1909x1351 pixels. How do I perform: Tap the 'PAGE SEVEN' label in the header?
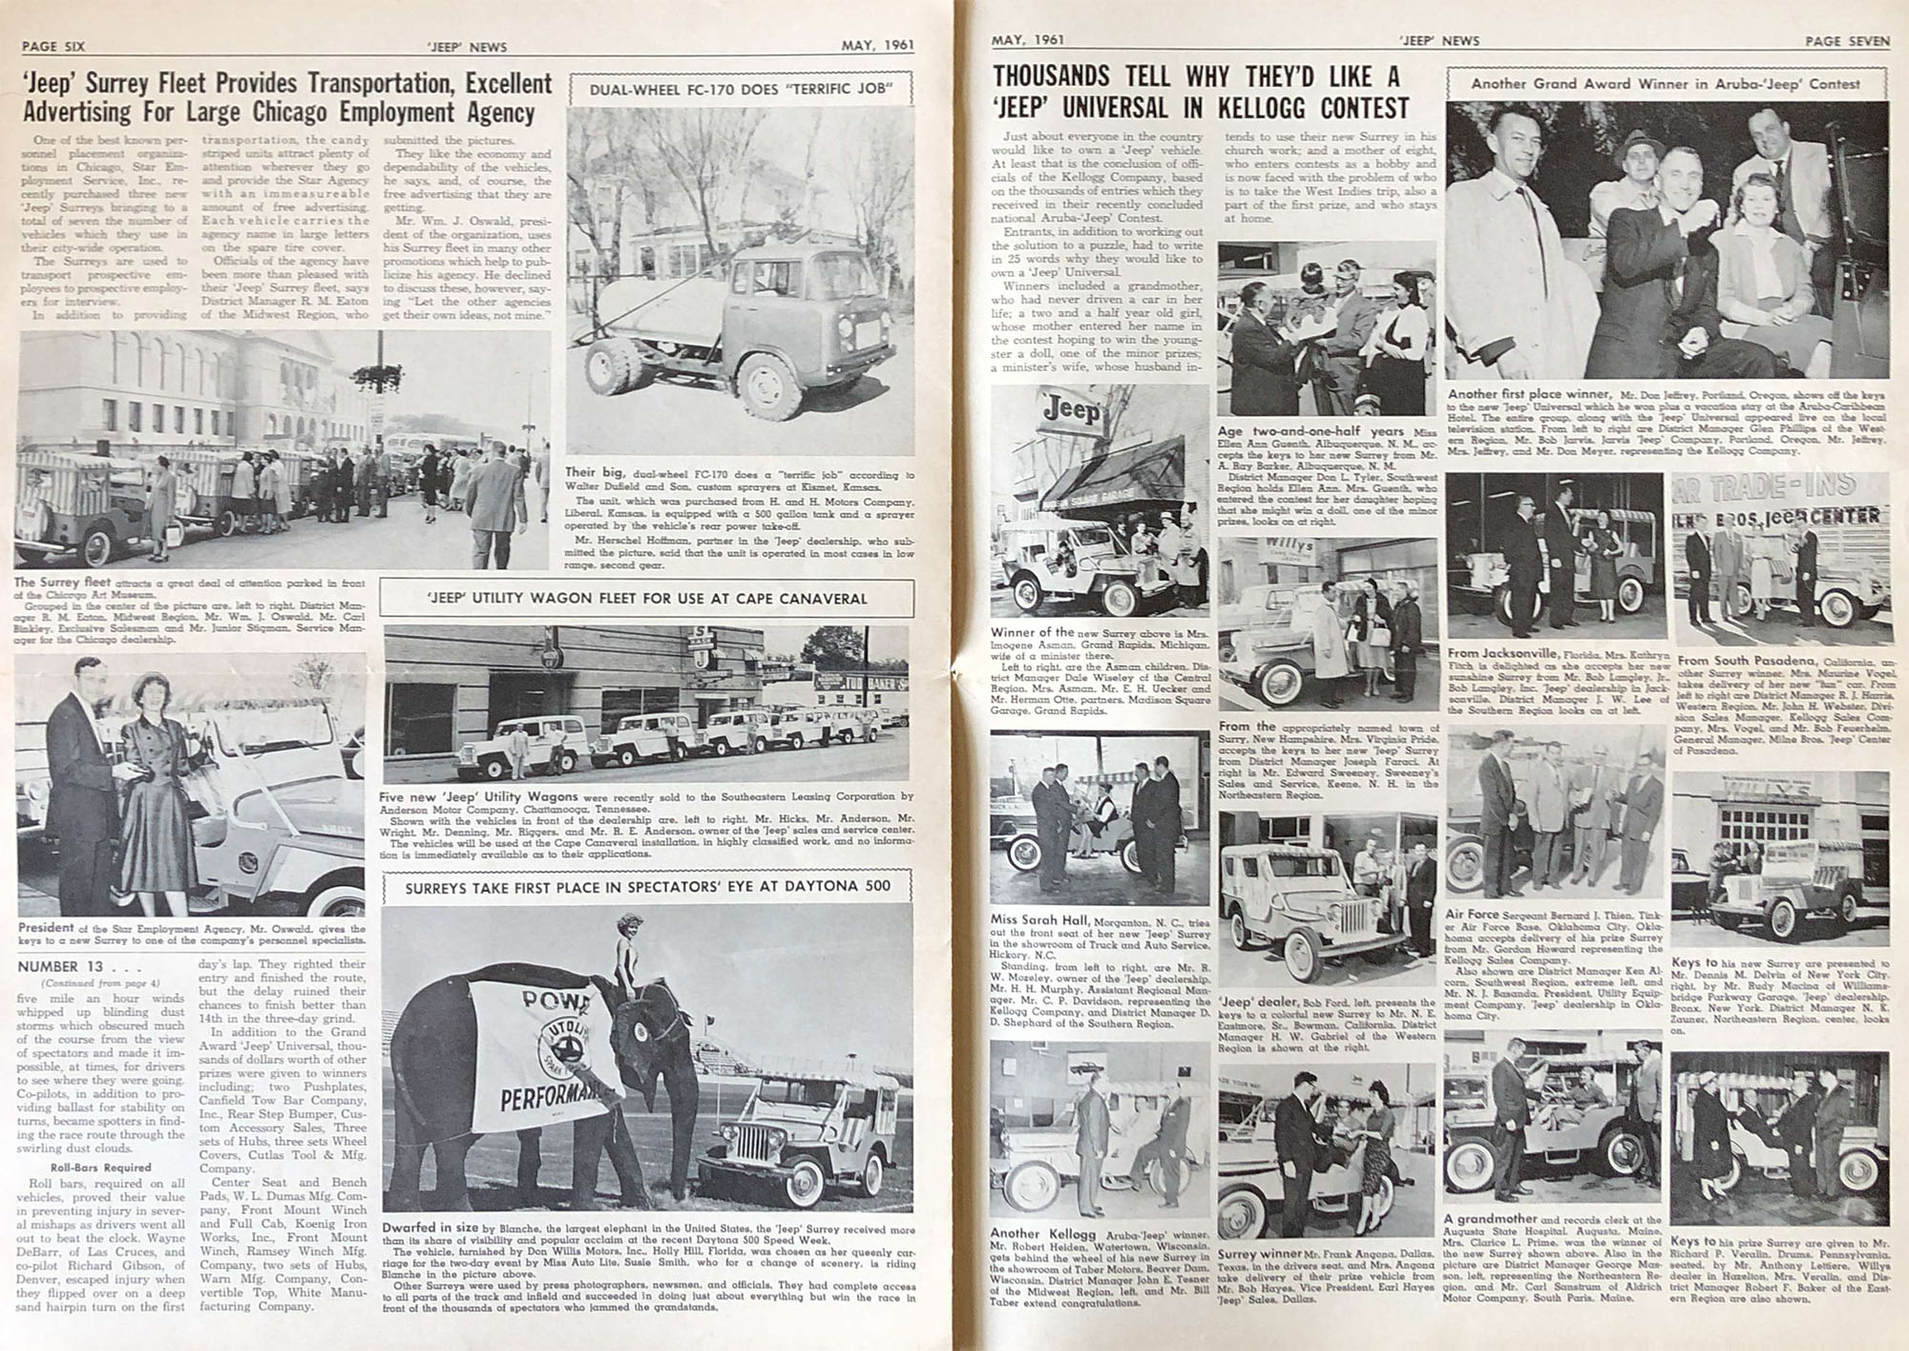(x=1846, y=40)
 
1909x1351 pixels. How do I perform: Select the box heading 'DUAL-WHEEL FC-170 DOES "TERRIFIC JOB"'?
(x=741, y=90)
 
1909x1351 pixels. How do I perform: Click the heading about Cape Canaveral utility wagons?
(x=646, y=599)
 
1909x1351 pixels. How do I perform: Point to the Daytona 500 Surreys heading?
(x=647, y=886)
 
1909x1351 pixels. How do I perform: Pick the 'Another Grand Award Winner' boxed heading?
(x=1666, y=84)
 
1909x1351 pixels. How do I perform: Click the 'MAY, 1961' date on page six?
(x=877, y=46)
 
